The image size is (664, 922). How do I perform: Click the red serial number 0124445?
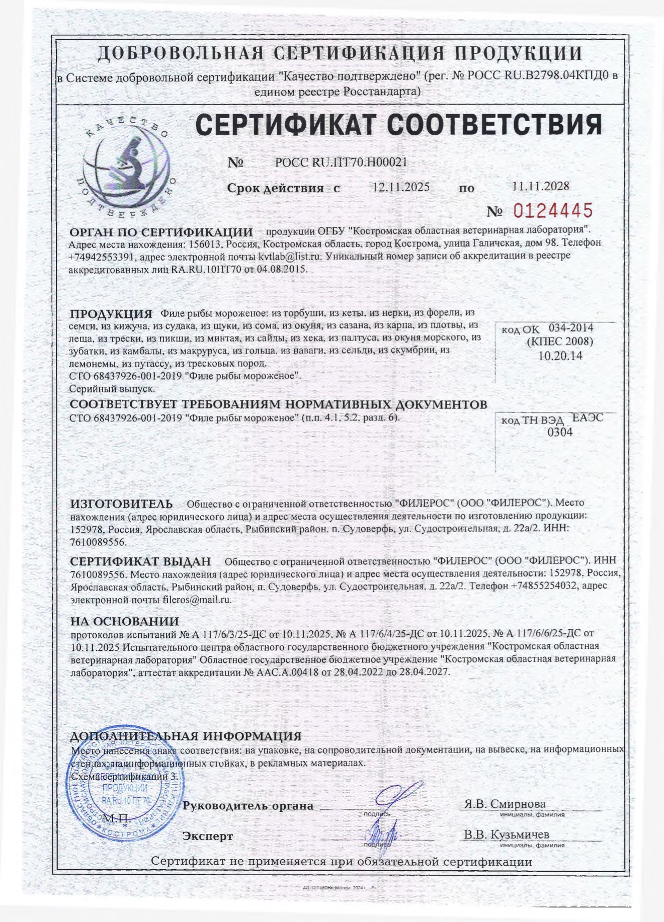(552, 210)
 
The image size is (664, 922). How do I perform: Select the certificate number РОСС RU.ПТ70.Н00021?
(341, 162)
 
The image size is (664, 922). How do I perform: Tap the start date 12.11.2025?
(401, 187)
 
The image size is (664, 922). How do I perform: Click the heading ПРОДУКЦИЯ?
(111, 314)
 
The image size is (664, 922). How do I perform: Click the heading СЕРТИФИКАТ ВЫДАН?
(140, 561)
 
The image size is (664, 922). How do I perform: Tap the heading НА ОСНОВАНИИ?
(124, 622)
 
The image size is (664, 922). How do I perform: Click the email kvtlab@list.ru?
(289, 256)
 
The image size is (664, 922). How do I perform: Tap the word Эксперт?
(208, 836)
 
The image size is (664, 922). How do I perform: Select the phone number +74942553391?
(101, 256)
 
